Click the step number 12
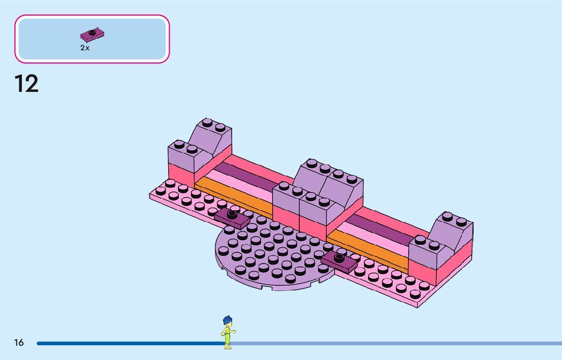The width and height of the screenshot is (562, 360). [x=26, y=84]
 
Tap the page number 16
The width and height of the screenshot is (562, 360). [x=19, y=343]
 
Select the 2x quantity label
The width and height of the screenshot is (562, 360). [x=85, y=48]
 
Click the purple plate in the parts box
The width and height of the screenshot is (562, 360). [x=92, y=35]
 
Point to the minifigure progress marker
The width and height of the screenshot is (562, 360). [x=228, y=333]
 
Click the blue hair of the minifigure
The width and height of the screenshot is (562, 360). [x=227, y=321]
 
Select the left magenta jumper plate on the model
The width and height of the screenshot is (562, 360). [x=232, y=217]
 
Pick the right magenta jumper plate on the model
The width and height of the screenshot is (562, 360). [x=339, y=261]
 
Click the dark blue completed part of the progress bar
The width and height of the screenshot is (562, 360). [x=127, y=343]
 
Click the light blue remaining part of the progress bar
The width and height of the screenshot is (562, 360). [x=396, y=343]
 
